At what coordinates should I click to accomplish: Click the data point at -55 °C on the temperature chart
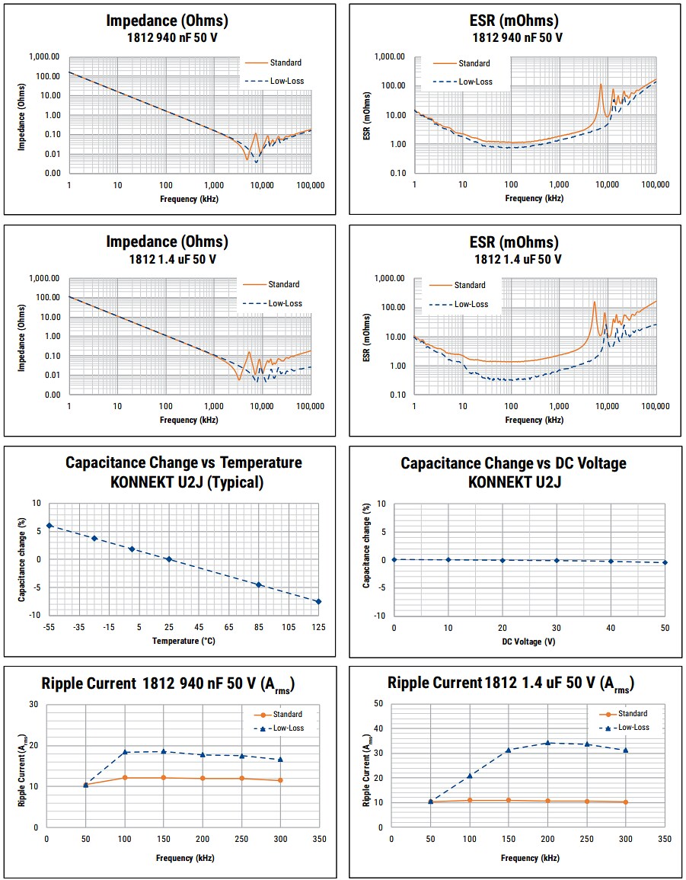pyautogui.click(x=49, y=526)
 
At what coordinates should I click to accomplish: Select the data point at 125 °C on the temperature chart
pyautogui.click(x=318, y=602)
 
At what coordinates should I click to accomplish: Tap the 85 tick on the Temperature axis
pyautogui.click(x=259, y=626)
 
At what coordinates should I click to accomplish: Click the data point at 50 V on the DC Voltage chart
pyautogui.click(x=665, y=562)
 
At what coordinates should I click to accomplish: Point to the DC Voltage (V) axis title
pyautogui.click(x=529, y=642)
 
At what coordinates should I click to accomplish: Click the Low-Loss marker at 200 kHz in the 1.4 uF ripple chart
pyautogui.click(x=547, y=743)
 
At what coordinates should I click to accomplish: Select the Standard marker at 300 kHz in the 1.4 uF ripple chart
pyautogui.click(x=626, y=802)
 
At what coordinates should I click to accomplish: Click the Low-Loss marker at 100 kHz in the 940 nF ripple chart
pyautogui.click(x=125, y=752)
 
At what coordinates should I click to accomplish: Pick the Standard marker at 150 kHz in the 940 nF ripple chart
pyautogui.click(x=164, y=778)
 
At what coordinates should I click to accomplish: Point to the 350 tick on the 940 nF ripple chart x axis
pyautogui.click(x=319, y=838)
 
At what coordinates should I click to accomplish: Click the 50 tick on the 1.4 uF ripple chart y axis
pyautogui.click(x=378, y=703)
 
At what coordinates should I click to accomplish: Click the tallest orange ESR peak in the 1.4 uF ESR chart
pyautogui.click(x=595, y=303)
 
